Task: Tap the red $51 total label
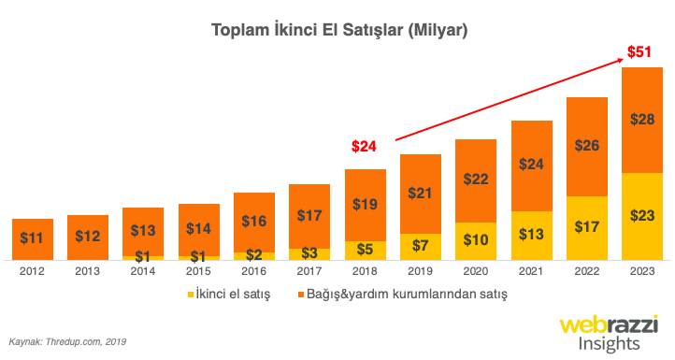click(639, 52)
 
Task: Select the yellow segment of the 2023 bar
click(641, 215)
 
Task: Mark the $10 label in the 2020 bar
click(476, 241)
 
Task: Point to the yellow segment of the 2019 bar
click(420, 247)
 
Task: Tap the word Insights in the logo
click(609, 343)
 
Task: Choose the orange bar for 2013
click(87, 237)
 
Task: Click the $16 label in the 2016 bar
click(253, 222)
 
